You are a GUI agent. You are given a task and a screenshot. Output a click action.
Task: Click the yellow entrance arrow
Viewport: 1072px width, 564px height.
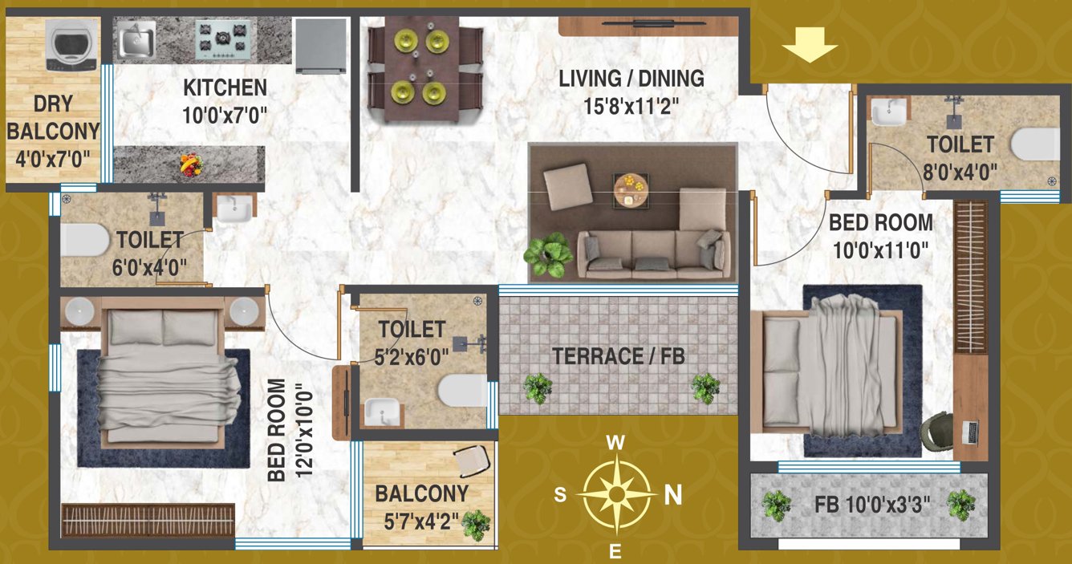coord(810,44)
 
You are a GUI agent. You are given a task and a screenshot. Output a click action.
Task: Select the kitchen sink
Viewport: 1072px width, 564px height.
coord(137,41)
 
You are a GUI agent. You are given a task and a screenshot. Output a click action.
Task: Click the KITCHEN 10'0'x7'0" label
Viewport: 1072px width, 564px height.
coord(224,100)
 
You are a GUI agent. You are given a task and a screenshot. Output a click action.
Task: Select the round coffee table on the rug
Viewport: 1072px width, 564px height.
coord(631,189)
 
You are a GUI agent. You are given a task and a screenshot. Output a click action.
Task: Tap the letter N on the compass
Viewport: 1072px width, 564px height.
coord(673,496)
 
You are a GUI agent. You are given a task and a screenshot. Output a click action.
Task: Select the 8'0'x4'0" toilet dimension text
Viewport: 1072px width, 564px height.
coord(960,170)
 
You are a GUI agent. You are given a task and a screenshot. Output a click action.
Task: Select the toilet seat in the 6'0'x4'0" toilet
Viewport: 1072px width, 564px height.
coord(85,238)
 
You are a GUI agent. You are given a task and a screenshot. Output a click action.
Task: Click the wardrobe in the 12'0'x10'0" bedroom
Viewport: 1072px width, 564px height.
coord(148,520)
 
